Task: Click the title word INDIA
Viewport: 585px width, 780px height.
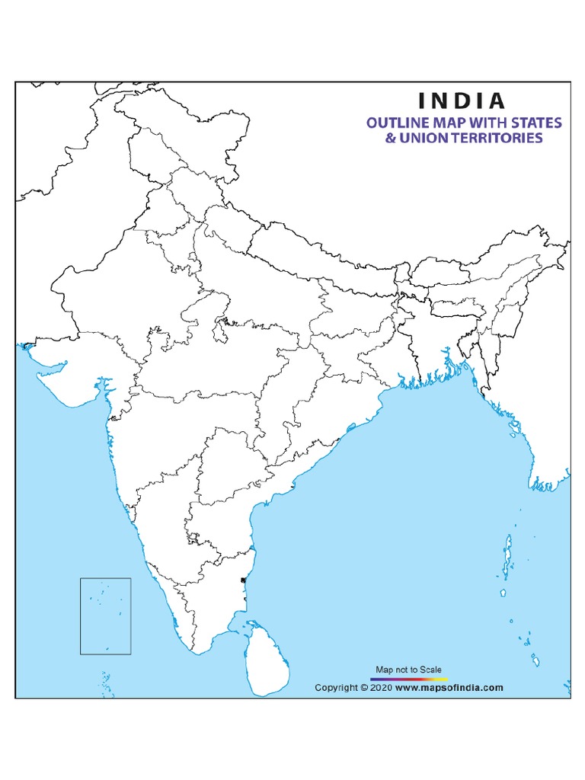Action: [x=460, y=101]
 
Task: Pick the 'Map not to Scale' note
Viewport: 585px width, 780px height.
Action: [x=408, y=670]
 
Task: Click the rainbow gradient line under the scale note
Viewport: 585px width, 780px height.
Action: [x=408, y=677]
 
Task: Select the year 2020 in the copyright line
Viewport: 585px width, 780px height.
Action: [x=382, y=687]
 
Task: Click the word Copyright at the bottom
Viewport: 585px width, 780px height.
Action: [x=337, y=687]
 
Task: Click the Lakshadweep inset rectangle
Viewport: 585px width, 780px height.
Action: [x=106, y=615]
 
